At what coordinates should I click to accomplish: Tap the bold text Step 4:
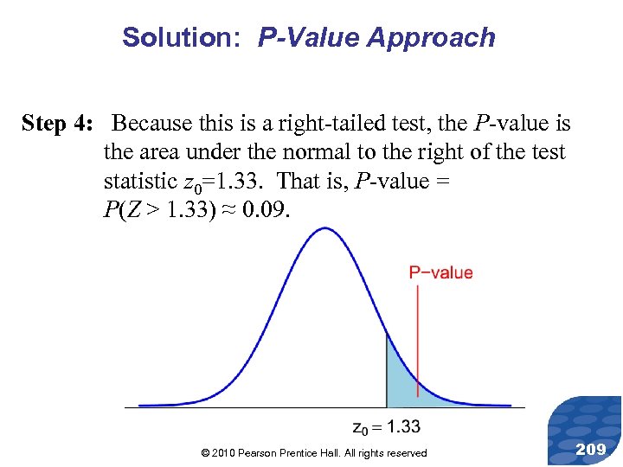click(57, 124)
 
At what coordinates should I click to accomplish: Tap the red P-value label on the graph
click(441, 273)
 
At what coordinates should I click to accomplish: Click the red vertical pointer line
click(418, 329)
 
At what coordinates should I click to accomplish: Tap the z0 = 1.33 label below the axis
click(387, 425)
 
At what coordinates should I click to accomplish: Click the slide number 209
click(590, 449)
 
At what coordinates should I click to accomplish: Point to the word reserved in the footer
click(404, 453)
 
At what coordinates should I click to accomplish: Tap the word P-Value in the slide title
click(308, 37)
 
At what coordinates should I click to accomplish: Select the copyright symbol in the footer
click(204, 453)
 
